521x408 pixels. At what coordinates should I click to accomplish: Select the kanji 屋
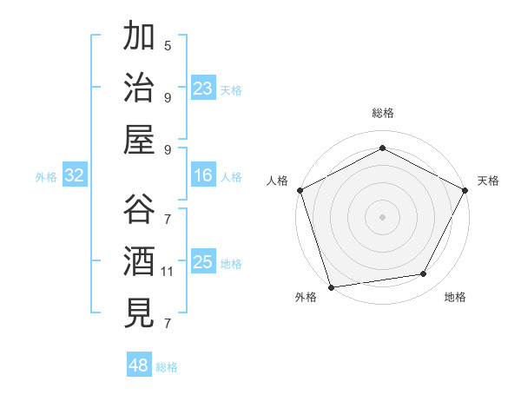tap(139, 140)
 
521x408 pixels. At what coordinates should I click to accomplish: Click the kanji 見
tap(139, 313)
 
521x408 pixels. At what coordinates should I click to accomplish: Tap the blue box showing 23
tap(203, 89)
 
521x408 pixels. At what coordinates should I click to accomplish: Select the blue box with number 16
tap(203, 176)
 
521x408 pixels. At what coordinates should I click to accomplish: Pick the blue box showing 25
tap(203, 263)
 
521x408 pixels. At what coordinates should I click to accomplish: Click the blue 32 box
tap(75, 176)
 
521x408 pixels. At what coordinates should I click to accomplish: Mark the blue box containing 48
tap(139, 365)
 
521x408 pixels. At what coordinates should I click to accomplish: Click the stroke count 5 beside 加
tap(168, 45)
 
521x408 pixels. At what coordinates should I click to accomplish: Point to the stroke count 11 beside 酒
tap(168, 272)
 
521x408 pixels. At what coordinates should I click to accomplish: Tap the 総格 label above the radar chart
tap(383, 113)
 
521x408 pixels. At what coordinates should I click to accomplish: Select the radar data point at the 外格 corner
tap(332, 286)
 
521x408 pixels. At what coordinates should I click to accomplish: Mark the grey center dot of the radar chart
tap(382, 216)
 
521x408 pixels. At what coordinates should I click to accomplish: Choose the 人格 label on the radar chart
tap(278, 181)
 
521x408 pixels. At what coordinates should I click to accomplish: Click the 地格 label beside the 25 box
tap(231, 264)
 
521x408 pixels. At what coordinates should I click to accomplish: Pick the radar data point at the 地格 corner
tap(424, 274)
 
